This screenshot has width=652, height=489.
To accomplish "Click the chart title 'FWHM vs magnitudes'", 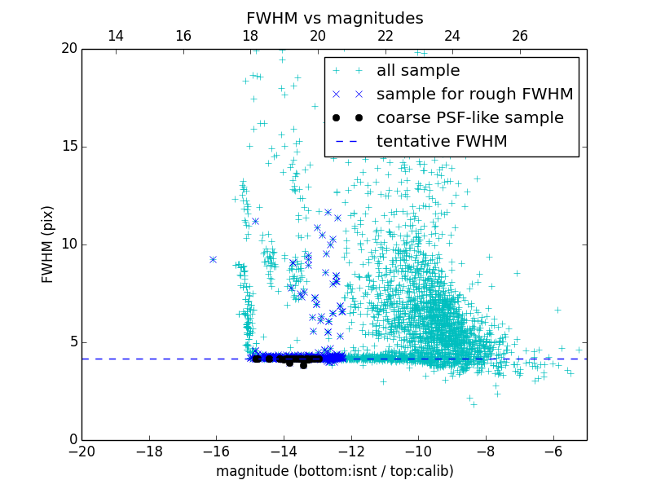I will [x=334, y=18].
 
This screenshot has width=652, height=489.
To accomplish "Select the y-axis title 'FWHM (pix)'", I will [x=48, y=244].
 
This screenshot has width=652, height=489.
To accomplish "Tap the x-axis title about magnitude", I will [x=334, y=471].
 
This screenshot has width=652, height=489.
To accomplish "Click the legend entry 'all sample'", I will [x=418, y=71].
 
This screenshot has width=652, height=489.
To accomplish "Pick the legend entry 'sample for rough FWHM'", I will [x=474, y=95].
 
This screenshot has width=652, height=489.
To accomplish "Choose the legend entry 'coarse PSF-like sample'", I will [x=469, y=118].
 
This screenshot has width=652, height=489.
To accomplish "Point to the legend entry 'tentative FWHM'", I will [x=442, y=142].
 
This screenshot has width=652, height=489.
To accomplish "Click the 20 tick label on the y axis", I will [x=68, y=49].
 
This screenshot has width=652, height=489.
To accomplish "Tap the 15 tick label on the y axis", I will [x=68, y=147].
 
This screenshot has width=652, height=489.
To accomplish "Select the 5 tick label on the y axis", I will [x=72, y=342].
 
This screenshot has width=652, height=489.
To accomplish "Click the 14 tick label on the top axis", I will [x=116, y=36].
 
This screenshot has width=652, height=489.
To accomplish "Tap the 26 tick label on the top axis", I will [x=520, y=36].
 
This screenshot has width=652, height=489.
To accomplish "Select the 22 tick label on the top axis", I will [x=385, y=36].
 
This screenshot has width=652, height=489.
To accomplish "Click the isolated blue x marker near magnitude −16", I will [x=213, y=259].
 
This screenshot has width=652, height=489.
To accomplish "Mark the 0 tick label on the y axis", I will [x=72, y=440].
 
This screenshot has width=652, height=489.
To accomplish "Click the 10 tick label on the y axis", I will [x=68, y=244].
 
